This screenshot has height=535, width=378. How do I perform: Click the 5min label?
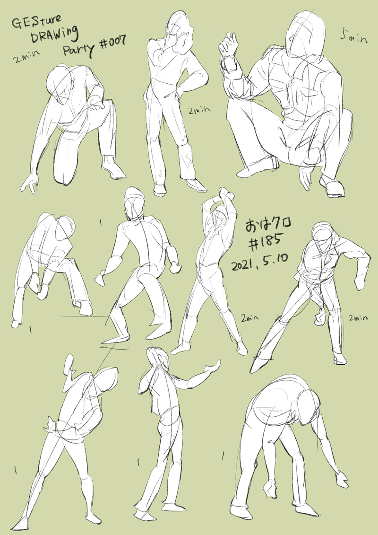click(353, 36)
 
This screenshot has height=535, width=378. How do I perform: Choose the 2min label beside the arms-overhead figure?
click(250, 318)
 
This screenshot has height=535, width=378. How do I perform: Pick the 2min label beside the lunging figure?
click(358, 318)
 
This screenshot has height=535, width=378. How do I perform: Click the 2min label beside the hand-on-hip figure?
click(199, 110)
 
